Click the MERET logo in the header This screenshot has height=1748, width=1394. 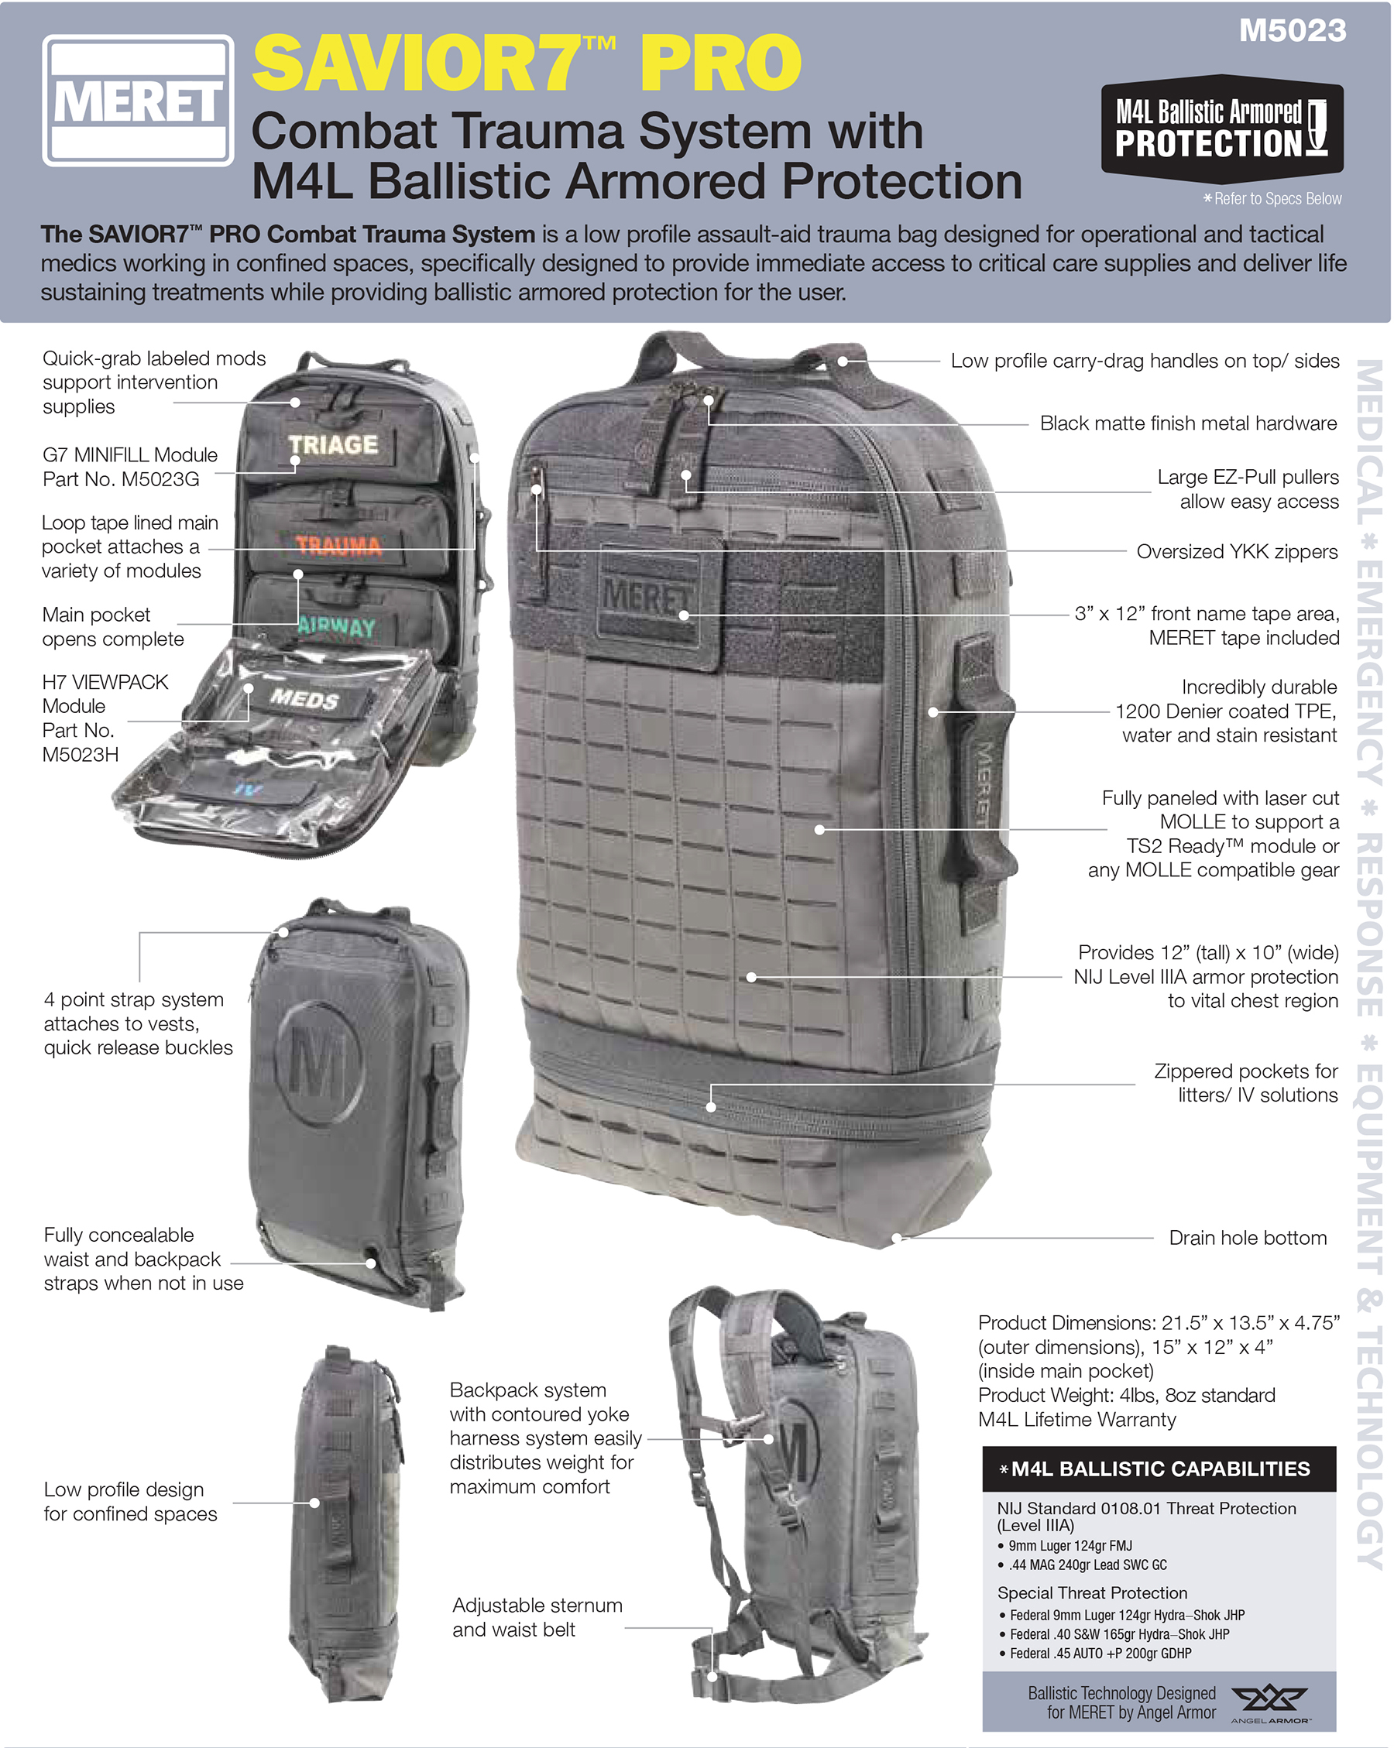(138, 101)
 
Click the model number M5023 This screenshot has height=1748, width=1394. (1292, 31)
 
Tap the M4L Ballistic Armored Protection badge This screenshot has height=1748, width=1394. (1221, 128)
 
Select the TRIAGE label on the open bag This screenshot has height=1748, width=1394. (333, 444)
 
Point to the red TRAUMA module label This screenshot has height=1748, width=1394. (338, 546)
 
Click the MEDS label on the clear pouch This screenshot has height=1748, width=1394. (304, 698)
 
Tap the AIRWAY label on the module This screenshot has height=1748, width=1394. (337, 627)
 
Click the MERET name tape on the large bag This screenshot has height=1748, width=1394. (647, 598)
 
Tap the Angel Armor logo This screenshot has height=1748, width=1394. (1269, 1704)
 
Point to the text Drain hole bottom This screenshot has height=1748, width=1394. (1247, 1237)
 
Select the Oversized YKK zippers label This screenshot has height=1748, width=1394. (1237, 551)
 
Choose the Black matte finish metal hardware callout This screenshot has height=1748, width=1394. (1188, 423)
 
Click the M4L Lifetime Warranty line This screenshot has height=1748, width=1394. (1077, 1419)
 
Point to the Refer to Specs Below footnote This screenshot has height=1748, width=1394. (1272, 199)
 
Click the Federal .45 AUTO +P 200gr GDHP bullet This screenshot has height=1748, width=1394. (1096, 1653)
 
